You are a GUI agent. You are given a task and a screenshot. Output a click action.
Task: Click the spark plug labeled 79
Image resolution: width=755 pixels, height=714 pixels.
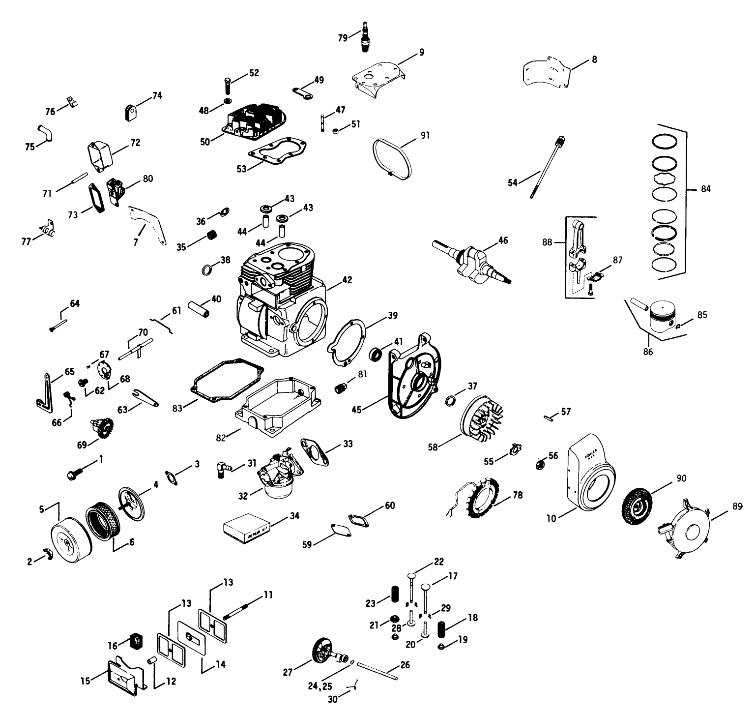coord(365,37)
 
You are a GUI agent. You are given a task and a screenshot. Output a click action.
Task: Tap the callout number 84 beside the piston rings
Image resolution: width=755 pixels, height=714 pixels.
coord(706,189)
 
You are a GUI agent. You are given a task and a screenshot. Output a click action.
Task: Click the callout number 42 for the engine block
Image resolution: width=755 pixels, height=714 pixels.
coord(347,280)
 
